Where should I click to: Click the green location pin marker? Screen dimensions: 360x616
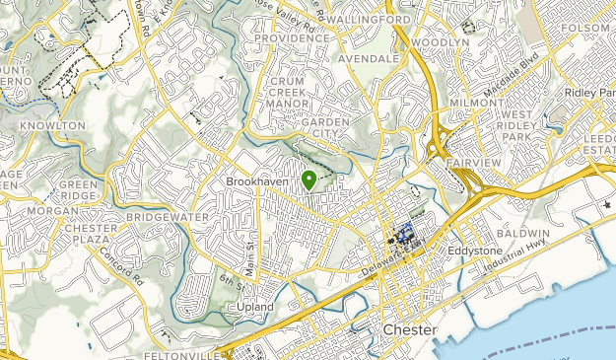[x=308, y=180]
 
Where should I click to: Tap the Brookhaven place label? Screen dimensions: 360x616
[x=256, y=182]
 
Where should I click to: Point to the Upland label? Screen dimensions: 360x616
[x=254, y=308]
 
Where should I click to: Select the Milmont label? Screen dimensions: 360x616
[x=475, y=102]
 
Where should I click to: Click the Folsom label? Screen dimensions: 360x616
[x=588, y=28]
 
